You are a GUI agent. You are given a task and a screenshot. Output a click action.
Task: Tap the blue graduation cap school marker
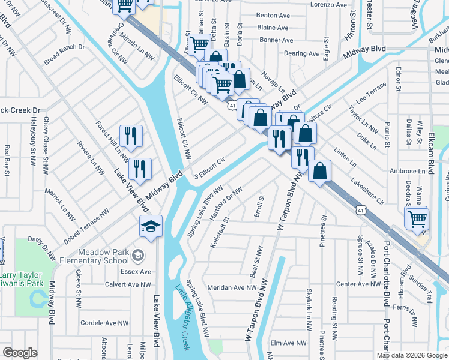point(151,226)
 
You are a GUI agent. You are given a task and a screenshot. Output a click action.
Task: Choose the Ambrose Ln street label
point(407,171)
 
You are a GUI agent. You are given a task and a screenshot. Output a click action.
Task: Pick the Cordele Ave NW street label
point(106,322)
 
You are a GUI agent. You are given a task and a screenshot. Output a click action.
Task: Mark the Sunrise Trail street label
point(420,288)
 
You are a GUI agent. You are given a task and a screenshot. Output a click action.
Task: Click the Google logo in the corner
point(20,352)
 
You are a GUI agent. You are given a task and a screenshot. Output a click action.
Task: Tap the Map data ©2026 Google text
point(411,355)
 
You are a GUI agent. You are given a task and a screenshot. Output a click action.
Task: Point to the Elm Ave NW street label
point(289,343)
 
